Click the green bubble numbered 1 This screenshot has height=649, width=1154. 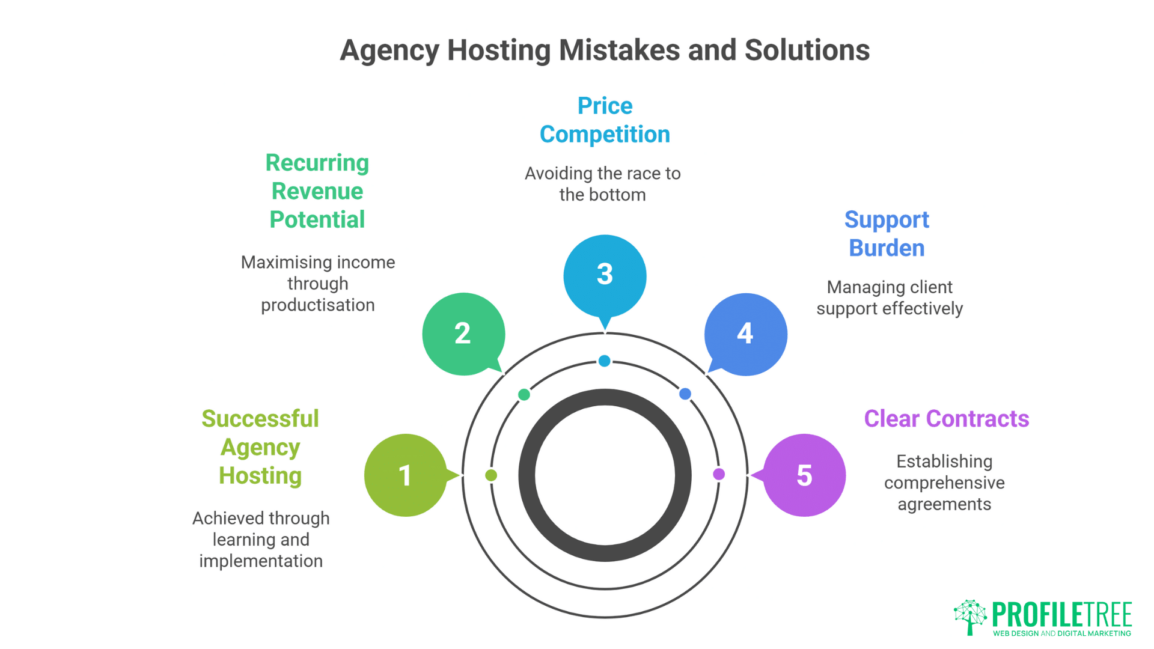(406, 475)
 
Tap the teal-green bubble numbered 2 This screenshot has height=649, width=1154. (463, 334)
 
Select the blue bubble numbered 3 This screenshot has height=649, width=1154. (605, 275)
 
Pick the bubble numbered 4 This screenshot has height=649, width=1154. (745, 334)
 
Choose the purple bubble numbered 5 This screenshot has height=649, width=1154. (805, 475)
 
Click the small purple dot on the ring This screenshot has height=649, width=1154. (719, 474)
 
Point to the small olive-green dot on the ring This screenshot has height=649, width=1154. (491, 475)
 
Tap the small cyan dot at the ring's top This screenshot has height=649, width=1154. (605, 361)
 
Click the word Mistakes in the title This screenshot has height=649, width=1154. (619, 50)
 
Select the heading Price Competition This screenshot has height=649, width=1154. (605, 120)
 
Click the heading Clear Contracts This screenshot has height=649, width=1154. (946, 419)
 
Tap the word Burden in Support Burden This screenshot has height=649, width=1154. (887, 248)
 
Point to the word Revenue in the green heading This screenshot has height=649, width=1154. (317, 192)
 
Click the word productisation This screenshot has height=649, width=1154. (317, 305)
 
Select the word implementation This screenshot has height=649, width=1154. (261, 561)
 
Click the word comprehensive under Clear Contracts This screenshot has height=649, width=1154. (944, 483)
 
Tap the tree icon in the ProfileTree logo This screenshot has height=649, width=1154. (970, 617)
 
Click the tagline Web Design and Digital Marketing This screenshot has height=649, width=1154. (1061, 633)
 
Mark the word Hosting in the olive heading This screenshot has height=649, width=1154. (260, 476)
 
